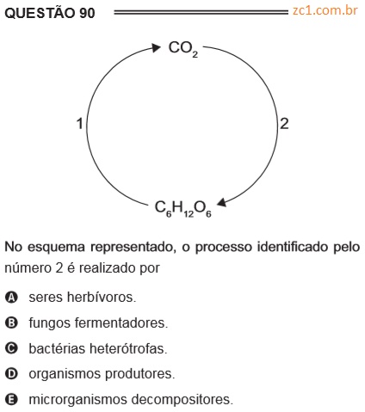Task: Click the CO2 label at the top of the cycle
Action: click(x=183, y=49)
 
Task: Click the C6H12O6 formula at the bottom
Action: click(x=183, y=208)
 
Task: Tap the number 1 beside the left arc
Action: click(x=80, y=124)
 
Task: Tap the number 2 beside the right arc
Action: click(x=284, y=124)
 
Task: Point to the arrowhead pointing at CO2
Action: click(x=156, y=47)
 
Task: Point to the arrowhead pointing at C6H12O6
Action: click(x=222, y=202)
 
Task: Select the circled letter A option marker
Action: click(x=11, y=298)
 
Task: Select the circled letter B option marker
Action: click(x=11, y=323)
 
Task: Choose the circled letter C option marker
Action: click(x=11, y=348)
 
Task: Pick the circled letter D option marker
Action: click(x=11, y=374)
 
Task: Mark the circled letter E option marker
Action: click(x=11, y=399)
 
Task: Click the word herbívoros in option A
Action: click(x=102, y=297)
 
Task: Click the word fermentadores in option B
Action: click(x=121, y=323)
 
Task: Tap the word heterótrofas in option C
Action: click(x=128, y=348)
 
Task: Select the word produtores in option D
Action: click(x=139, y=374)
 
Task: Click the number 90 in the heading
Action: click(x=87, y=13)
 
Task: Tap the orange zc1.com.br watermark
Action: click(x=325, y=10)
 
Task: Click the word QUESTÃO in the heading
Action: click(x=40, y=12)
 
